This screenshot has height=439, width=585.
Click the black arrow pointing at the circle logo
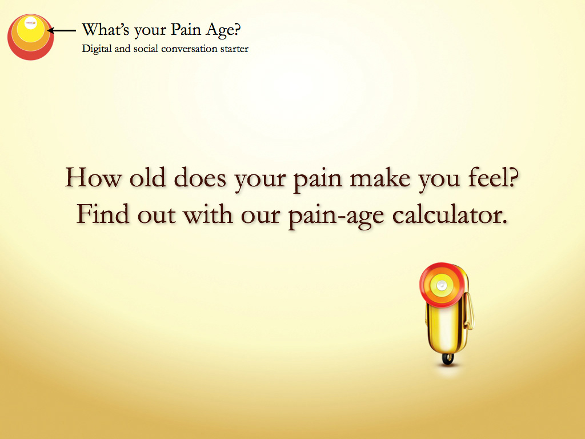pyautogui.click(x=62, y=31)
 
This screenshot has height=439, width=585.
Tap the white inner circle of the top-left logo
pyautogui.click(x=30, y=23)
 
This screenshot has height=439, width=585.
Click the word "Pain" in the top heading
pyautogui.click(x=186, y=30)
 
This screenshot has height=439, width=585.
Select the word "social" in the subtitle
pyautogui.click(x=145, y=49)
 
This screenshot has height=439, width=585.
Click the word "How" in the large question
pyautogui.click(x=93, y=177)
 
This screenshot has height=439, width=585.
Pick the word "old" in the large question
pyautogui.click(x=147, y=177)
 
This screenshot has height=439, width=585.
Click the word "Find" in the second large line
pyautogui.click(x=103, y=214)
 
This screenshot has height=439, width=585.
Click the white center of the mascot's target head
pyautogui.click(x=442, y=286)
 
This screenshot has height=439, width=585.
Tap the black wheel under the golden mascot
pyautogui.click(x=448, y=359)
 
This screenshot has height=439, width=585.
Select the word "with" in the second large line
pyautogui.click(x=208, y=214)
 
